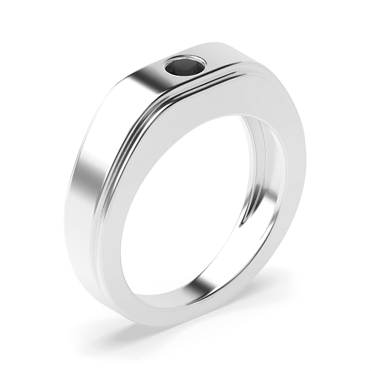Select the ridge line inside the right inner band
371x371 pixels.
point(263,171)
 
